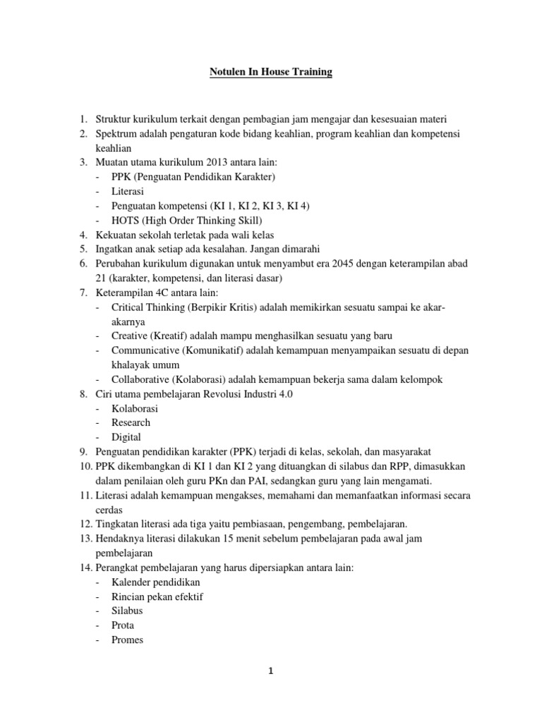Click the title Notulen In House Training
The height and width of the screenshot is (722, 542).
tap(271, 72)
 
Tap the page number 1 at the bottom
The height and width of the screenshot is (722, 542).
tap(271, 672)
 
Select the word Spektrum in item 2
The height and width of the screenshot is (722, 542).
tap(116, 133)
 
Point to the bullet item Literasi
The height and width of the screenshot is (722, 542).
tap(127, 191)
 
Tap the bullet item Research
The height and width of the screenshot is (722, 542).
tap(131, 422)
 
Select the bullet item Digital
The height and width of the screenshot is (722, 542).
tap(126, 437)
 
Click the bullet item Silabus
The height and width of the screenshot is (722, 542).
tap(127, 611)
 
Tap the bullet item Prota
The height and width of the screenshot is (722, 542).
tap(123, 625)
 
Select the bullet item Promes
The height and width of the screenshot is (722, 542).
tap(127, 640)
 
